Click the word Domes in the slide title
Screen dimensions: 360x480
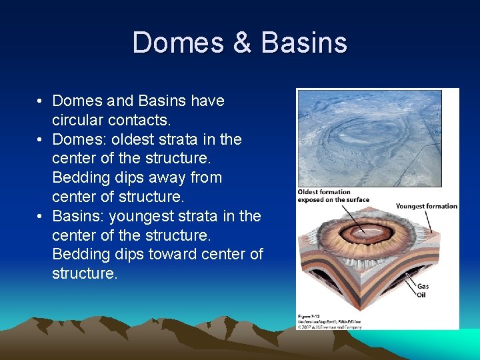pyautogui.click(x=179, y=43)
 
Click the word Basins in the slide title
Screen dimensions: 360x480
pyautogui.click(x=304, y=43)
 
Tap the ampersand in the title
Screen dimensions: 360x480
pyautogui.click(x=243, y=43)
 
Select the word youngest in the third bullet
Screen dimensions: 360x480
pyautogui.click(x=143, y=217)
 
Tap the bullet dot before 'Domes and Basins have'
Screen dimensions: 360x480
pyautogui.click(x=41, y=101)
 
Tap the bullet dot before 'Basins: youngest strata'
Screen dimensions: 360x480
pyautogui.click(x=41, y=217)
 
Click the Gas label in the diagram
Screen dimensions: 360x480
pyautogui.click(x=423, y=287)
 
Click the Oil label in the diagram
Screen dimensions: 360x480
pyautogui.click(x=421, y=295)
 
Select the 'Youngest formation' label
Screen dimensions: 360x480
pyautogui.click(x=426, y=206)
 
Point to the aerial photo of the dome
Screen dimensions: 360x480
pyautogui.click(x=369, y=138)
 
